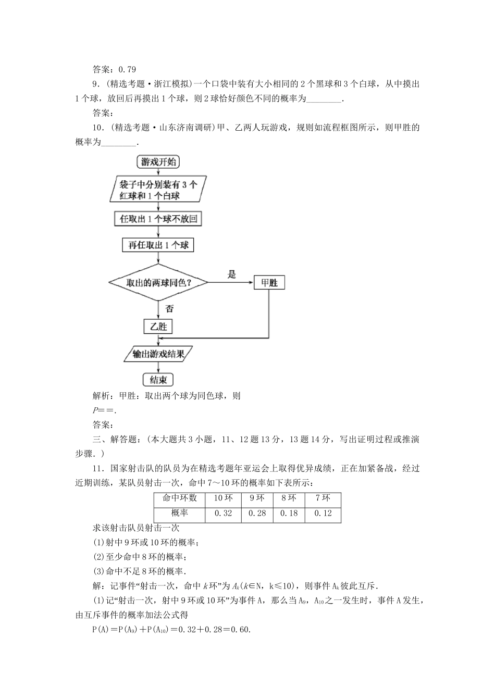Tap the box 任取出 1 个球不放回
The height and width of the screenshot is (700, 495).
point(158,218)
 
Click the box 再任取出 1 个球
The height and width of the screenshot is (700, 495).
point(158,245)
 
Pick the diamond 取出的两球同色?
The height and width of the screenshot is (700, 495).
point(158,283)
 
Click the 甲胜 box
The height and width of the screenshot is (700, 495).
point(269,283)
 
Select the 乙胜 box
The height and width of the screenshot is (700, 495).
point(158,327)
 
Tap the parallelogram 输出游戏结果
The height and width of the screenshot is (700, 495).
point(158,354)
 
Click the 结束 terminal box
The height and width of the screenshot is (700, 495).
point(157,380)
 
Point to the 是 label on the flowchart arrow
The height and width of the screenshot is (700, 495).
point(232,274)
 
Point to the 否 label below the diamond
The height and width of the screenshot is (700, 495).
point(169,308)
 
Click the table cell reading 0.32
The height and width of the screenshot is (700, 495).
point(223,514)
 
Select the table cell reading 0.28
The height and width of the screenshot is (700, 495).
point(257,514)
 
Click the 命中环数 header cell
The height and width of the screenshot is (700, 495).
point(180,498)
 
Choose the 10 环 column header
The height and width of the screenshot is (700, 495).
point(223,498)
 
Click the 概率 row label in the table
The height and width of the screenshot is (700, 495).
point(180,514)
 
